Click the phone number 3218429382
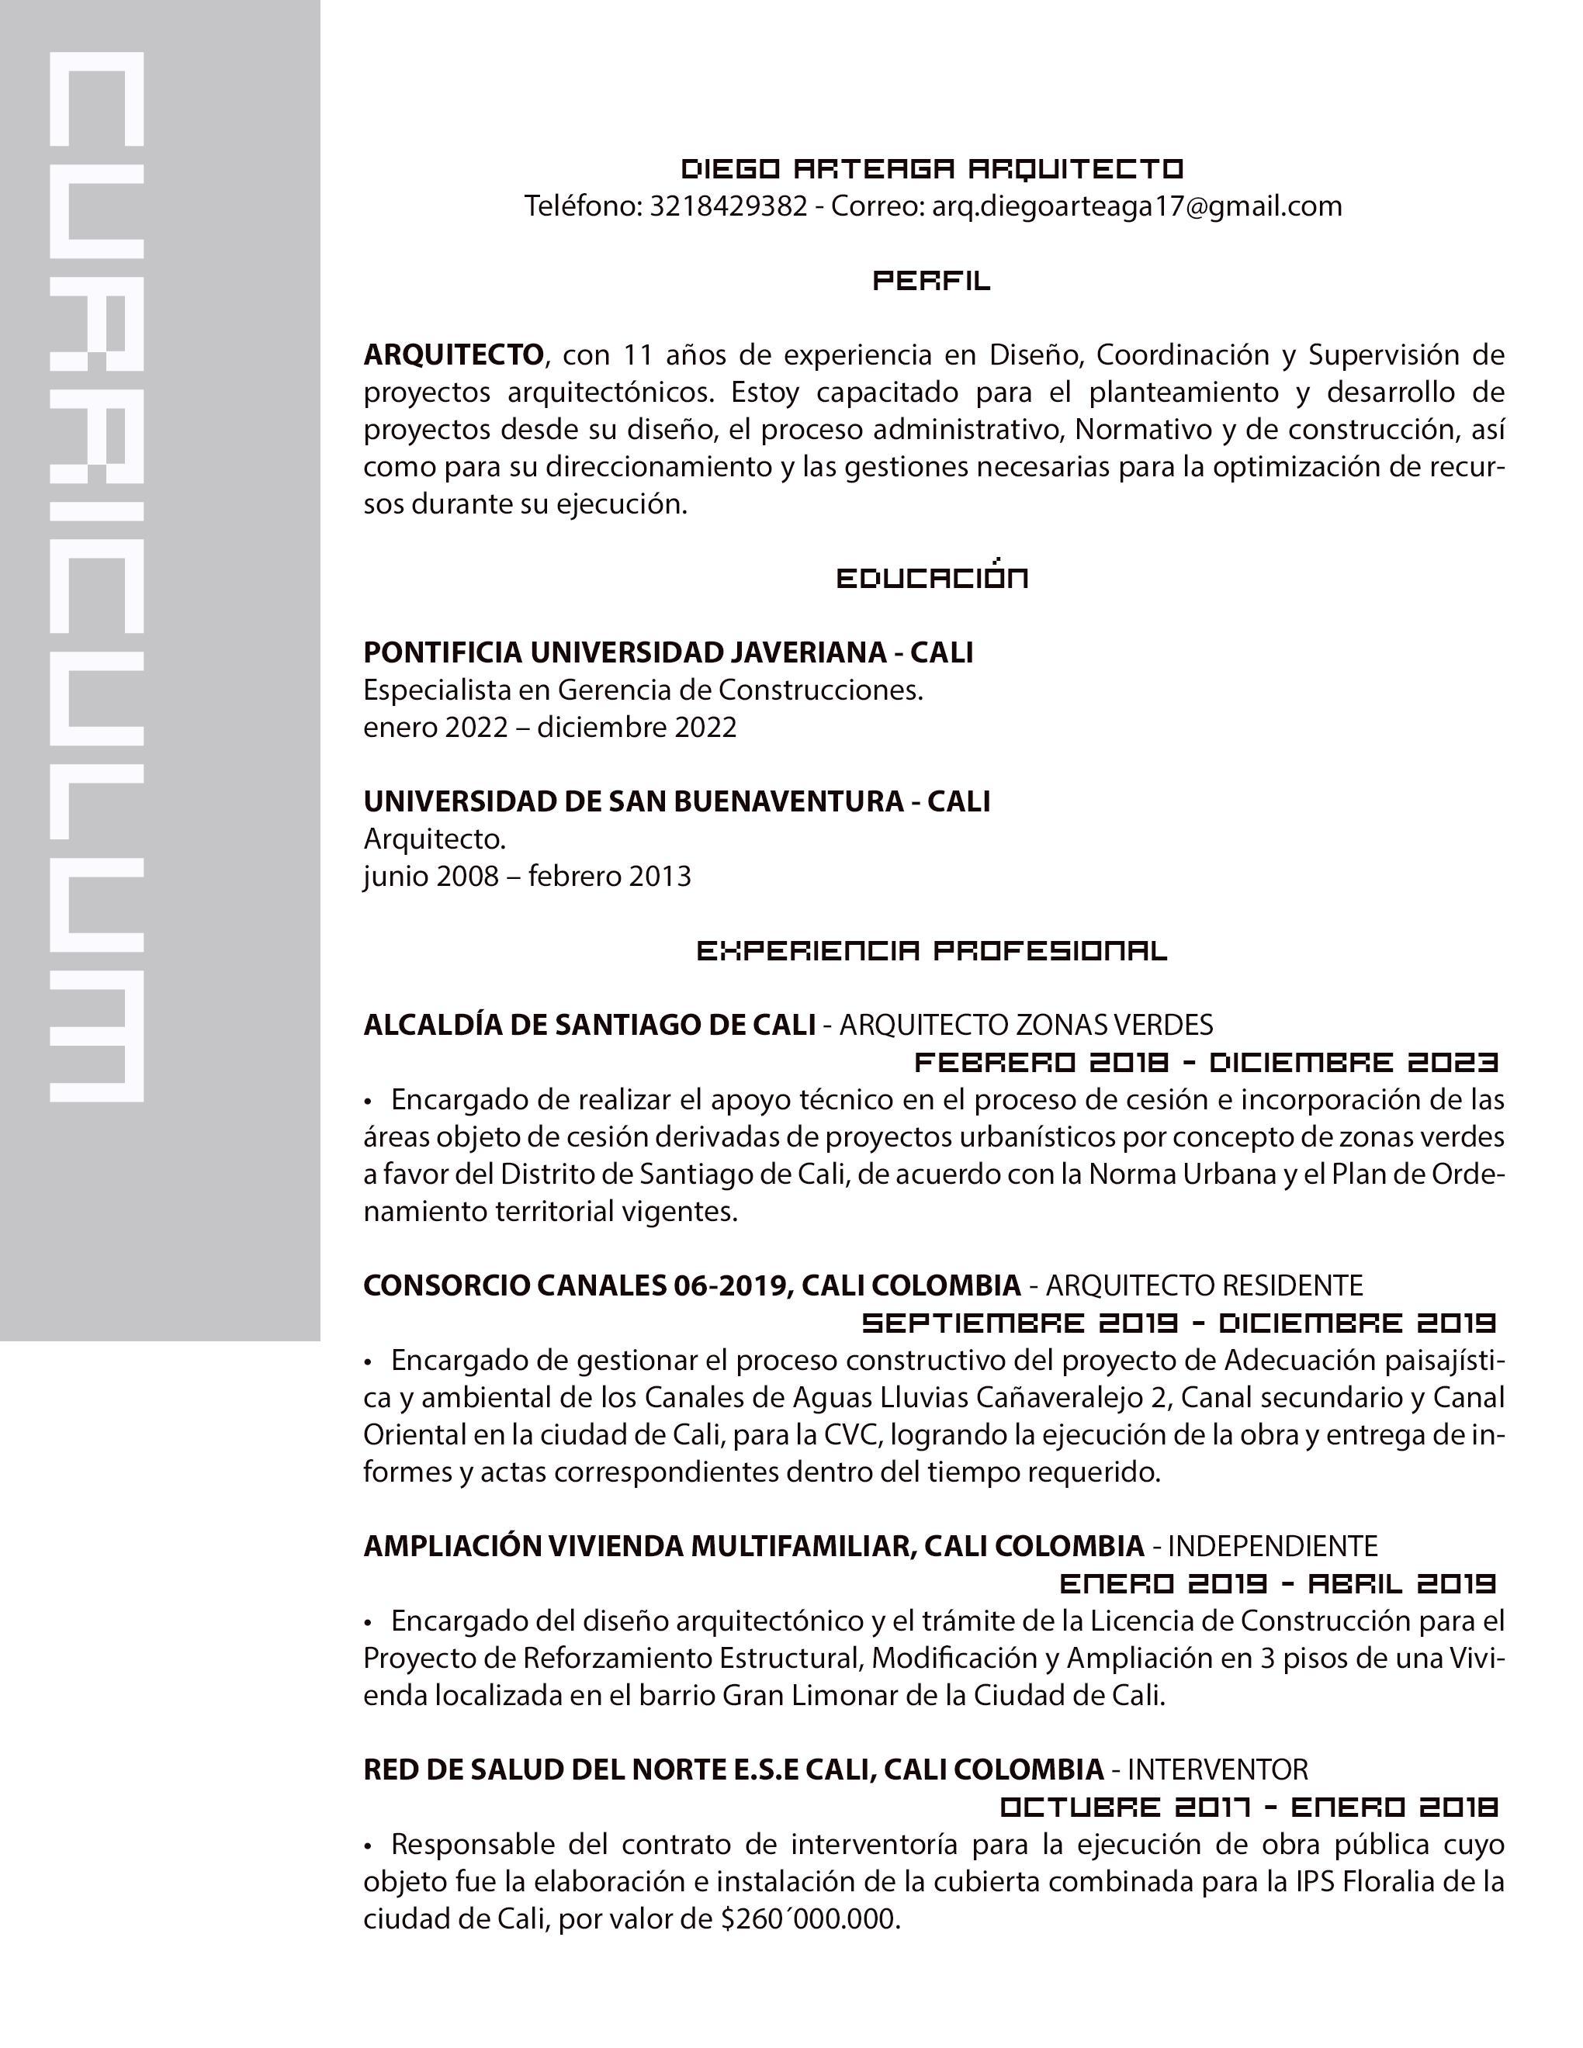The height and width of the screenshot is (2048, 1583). [728, 206]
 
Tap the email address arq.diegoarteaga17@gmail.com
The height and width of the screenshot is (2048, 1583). [1137, 206]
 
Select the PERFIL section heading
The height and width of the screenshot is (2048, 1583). [931, 280]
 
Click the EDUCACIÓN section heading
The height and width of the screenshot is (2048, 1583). [931, 578]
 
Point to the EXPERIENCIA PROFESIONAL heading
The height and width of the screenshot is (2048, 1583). [931, 951]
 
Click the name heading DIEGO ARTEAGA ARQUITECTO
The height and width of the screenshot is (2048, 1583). [931, 169]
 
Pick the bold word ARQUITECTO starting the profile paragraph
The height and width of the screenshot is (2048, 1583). [454, 355]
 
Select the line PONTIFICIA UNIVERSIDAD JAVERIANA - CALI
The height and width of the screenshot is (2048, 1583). [667, 652]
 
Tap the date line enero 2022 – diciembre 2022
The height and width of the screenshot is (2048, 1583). [549, 727]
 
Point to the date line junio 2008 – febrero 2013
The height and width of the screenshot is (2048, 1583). [527, 876]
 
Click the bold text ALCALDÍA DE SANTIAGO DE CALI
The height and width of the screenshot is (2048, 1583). [589, 1025]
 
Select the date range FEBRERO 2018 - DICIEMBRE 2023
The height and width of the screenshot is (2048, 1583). [1206, 1063]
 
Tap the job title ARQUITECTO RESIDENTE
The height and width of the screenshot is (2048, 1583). [1204, 1285]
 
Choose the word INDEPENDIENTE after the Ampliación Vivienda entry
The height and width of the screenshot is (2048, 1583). [1273, 1545]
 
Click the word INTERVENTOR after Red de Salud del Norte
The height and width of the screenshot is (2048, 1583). [1218, 1770]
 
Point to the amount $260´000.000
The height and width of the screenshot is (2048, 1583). [810, 1919]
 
